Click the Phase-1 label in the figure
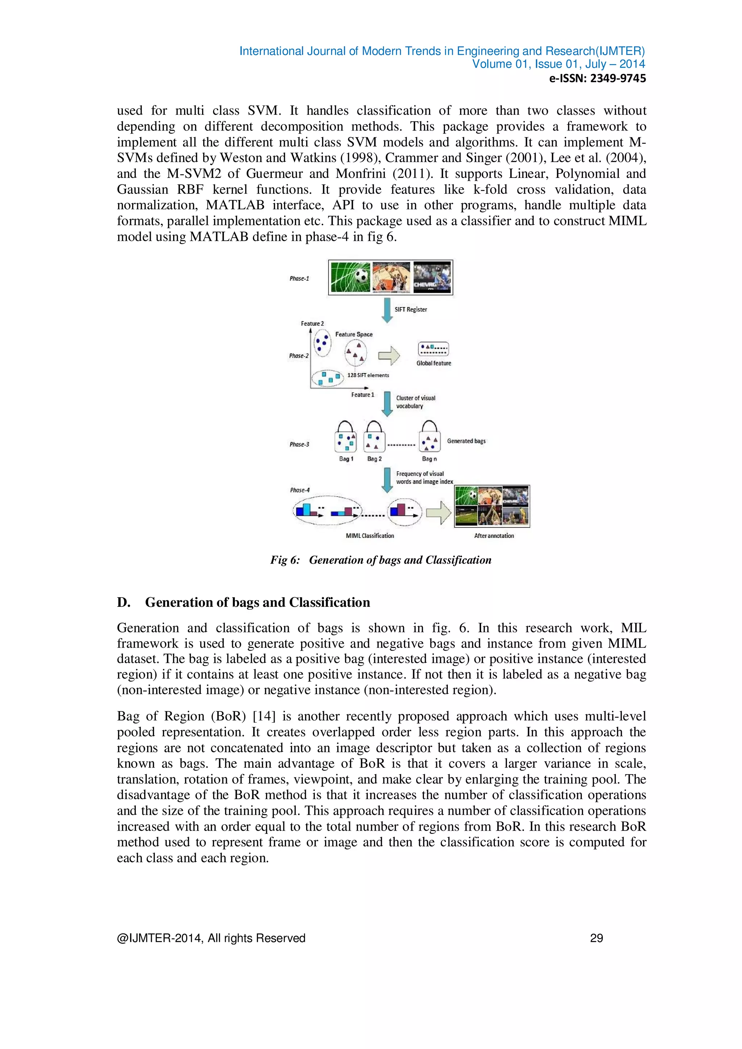[299, 278]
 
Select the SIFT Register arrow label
[410, 309]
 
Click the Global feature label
[434, 363]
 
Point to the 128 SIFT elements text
[368, 375]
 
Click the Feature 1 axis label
[362, 395]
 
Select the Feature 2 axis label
[312, 323]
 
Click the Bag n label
[429, 459]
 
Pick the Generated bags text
[466, 441]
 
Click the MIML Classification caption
[370, 535]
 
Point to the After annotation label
[494, 535]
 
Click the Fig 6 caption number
[285, 560]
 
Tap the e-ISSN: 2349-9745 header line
[597, 79]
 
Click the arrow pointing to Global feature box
[389, 356]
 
